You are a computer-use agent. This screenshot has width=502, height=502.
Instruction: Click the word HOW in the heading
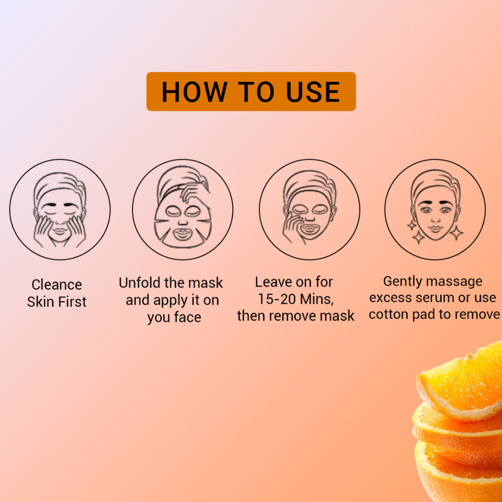tap(194, 92)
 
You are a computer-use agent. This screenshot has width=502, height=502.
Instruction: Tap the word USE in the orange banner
tap(313, 92)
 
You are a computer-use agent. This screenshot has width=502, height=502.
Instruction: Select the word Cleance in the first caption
tap(57, 285)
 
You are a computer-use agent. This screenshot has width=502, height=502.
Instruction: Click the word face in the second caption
tap(187, 317)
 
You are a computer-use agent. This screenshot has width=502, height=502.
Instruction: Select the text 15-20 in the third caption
tap(277, 299)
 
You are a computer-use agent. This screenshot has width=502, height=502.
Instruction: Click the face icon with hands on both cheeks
tap(60, 210)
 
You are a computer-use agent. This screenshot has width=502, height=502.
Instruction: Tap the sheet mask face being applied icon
tap(183, 210)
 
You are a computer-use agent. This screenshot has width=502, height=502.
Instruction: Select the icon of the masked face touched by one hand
tap(310, 210)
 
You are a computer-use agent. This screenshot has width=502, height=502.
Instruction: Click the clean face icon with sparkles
tap(435, 210)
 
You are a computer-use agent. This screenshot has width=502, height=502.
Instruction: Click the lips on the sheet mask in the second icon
tap(182, 234)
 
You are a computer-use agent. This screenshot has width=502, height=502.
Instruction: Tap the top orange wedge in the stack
tap(461, 381)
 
